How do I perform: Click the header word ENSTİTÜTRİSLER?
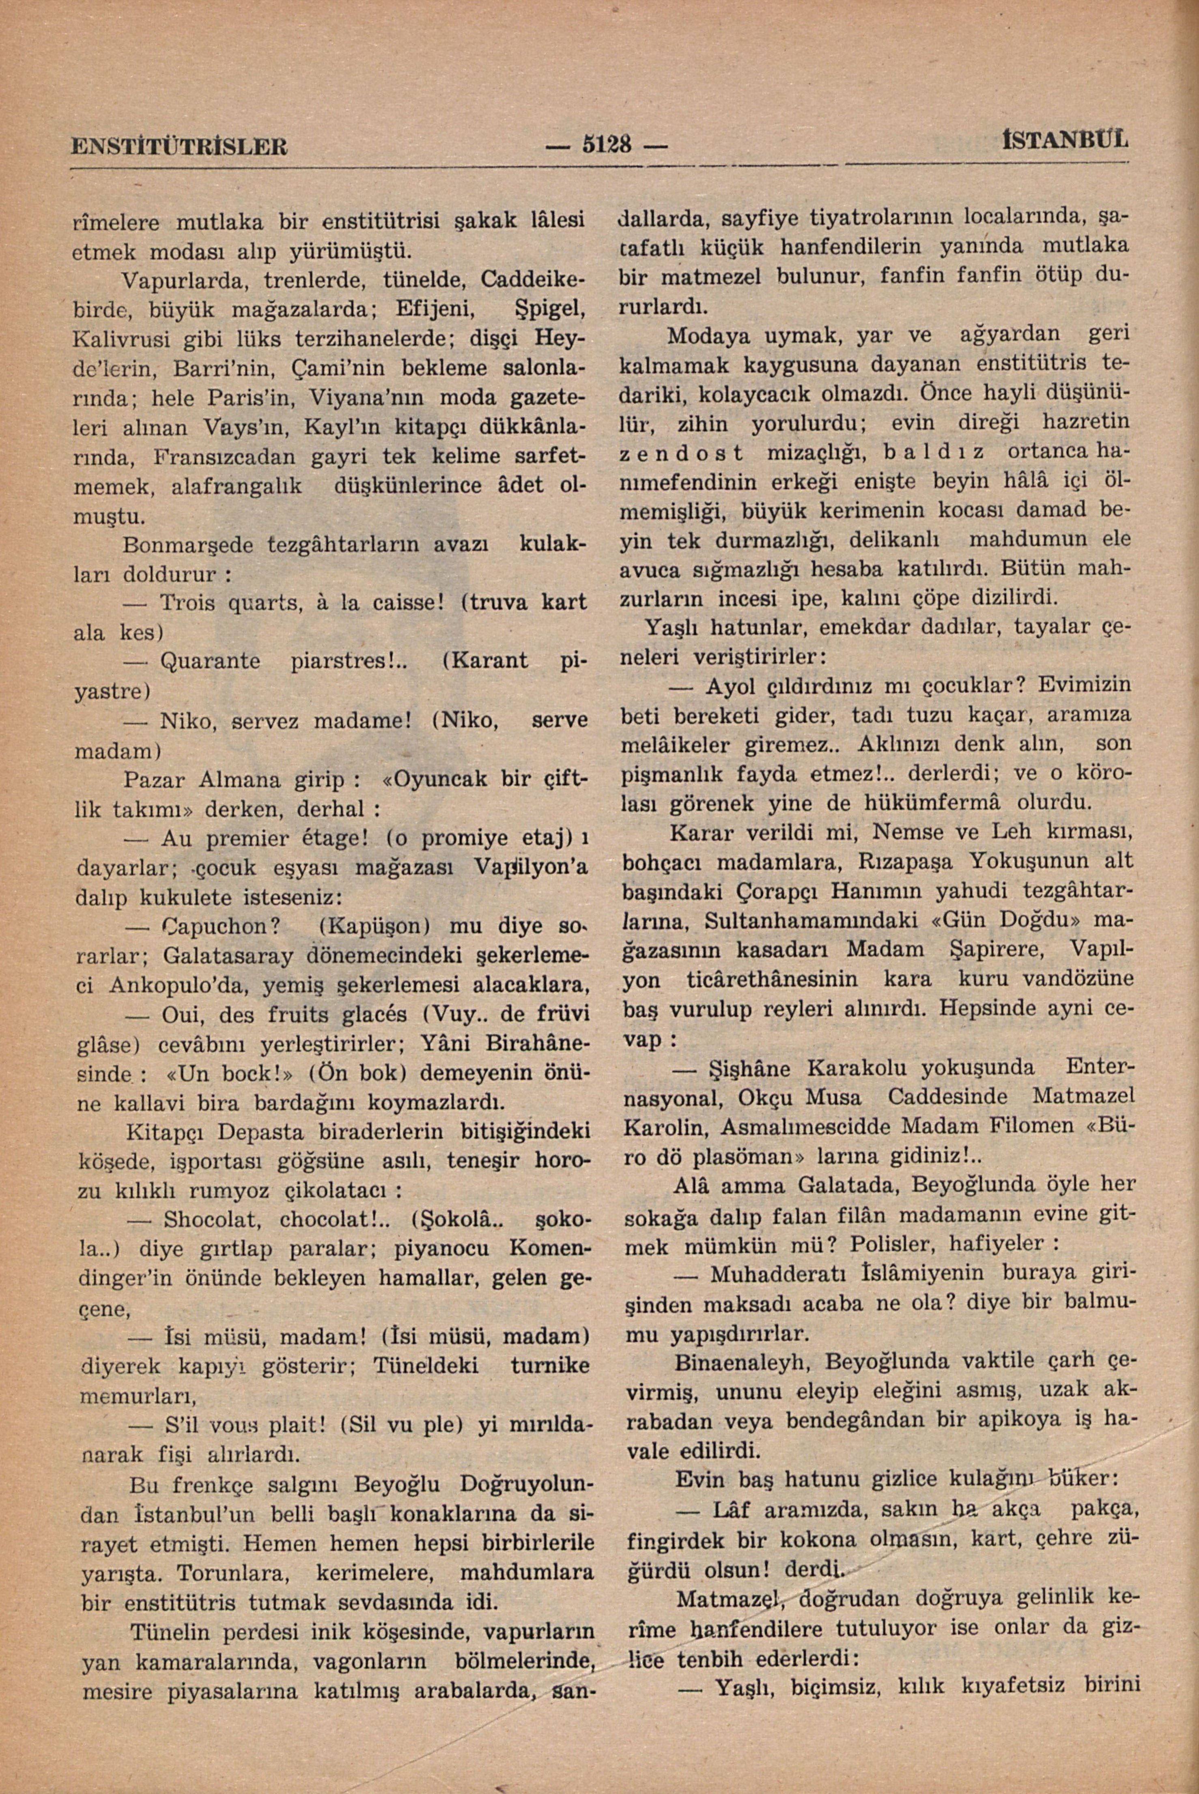[179, 145]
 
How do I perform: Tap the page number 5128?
[608, 144]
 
